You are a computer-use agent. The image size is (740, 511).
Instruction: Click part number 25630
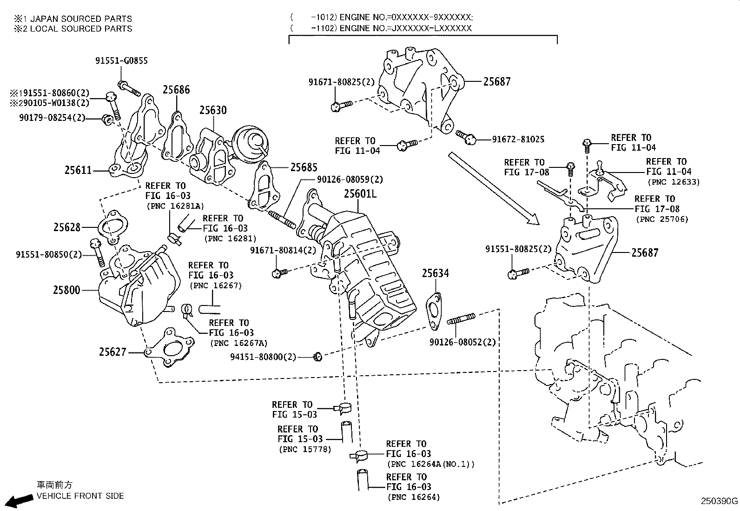(213, 110)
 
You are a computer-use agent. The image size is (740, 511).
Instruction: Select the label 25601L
(360, 193)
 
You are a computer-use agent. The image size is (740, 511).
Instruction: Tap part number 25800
(66, 290)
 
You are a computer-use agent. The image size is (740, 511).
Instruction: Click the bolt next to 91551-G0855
(129, 88)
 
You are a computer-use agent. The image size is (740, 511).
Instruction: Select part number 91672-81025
(518, 139)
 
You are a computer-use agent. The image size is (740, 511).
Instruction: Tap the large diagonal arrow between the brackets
(493, 189)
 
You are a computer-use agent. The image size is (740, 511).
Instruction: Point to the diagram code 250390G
(719, 501)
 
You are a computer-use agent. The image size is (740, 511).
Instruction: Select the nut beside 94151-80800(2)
(317, 357)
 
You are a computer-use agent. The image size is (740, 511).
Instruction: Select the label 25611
(78, 170)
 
